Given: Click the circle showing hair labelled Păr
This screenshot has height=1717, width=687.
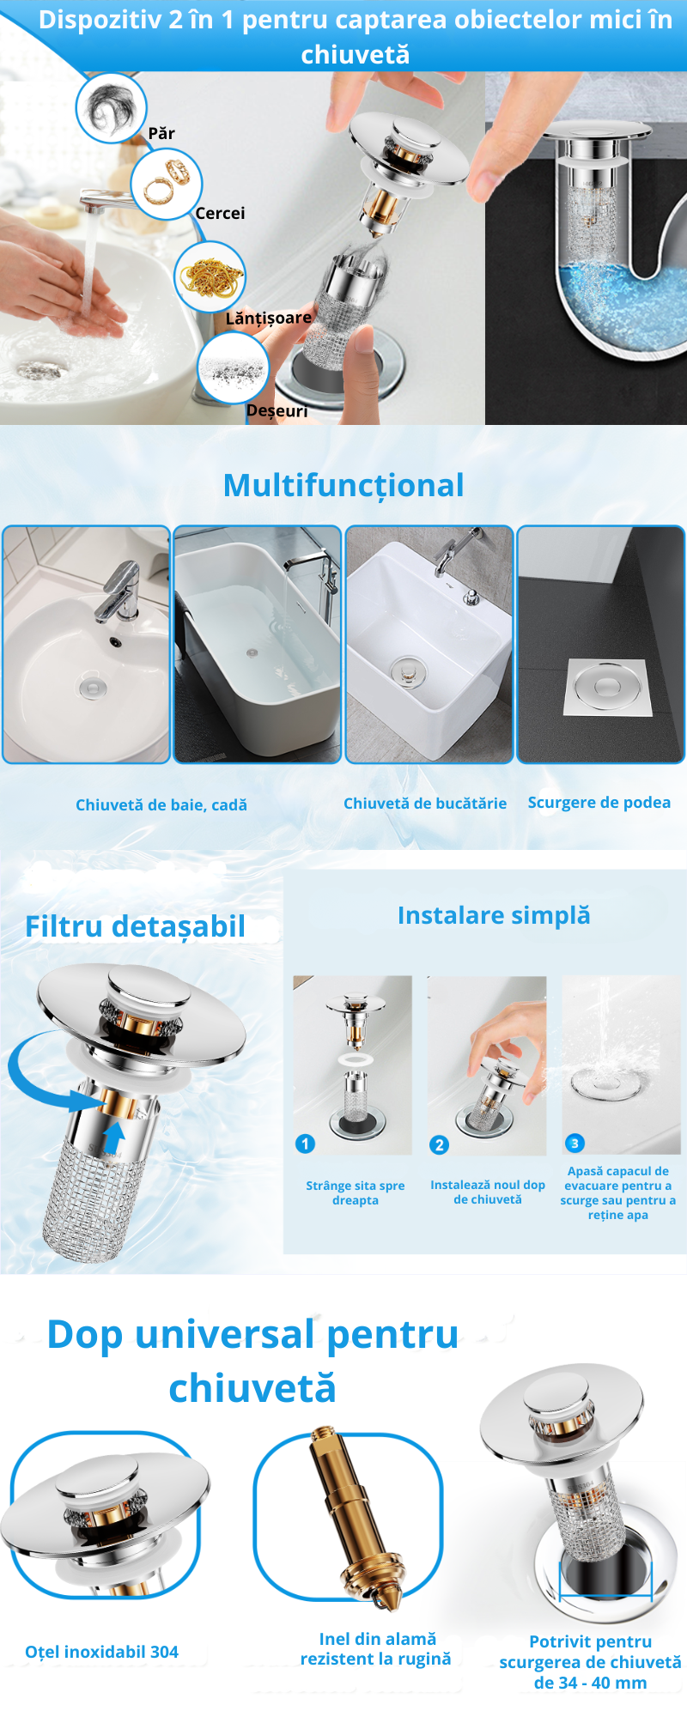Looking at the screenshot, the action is (x=112, y=108).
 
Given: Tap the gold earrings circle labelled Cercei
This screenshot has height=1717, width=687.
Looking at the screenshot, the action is (x=166, y=184).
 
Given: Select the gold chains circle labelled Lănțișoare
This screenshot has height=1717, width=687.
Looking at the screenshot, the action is (x=210, y=276).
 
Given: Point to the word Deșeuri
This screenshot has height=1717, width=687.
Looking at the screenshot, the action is (x=277, y=410).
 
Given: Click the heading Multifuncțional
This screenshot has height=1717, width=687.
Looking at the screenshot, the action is (x=343, y=486).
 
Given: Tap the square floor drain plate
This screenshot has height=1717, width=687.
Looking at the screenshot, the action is (x=609, y=688).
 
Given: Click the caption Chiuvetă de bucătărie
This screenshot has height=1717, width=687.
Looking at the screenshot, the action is (x=425, y=804).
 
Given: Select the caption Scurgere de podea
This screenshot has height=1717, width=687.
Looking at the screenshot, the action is (x=599, y=803).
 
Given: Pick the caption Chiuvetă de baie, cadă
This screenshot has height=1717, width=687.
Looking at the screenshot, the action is (x=161, y=805).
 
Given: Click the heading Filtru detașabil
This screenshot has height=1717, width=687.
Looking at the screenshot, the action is (x=135, y=927).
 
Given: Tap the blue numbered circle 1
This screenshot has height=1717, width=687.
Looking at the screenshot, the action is (x=305, y=1144).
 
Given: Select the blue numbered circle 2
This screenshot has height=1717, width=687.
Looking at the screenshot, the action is (x=440, y=1144).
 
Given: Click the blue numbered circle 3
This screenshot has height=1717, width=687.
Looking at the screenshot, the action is (x=575, y=1143).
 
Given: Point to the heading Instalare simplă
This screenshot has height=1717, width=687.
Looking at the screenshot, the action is (x=494, y=916).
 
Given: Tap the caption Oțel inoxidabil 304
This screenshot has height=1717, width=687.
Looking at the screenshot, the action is (x=101, y=1652).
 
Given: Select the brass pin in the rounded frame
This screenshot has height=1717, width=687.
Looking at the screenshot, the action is (x=354, y=1518).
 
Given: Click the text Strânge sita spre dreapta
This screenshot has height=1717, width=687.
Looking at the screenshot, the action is (x=356, y=1192).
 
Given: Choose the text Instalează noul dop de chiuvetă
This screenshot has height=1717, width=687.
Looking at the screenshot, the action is (x=488, y=1192).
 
